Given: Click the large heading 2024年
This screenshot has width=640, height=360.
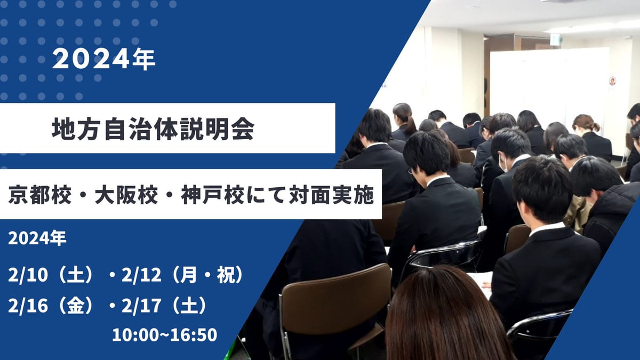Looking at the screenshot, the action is (x=103, y=59).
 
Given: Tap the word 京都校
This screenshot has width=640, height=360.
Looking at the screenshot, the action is (x=39, y=195).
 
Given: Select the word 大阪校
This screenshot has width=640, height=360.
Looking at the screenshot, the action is (x=126, y=195).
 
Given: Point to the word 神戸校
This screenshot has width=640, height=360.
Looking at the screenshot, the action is (x=213, y=195).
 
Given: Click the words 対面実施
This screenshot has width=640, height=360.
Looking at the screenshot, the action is (x=331, y=195).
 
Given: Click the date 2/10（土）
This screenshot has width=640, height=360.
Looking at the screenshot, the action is (x=51, y=275).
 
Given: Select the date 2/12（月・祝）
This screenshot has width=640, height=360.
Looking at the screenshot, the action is (x=183, y=275).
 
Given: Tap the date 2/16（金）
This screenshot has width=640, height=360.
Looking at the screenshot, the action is (x=51, y=306).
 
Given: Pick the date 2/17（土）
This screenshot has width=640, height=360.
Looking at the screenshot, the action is (x=164, y=306).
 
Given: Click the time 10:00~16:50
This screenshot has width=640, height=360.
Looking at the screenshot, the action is (x=165, y=335).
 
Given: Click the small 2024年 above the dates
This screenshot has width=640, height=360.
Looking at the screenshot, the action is (x=37, y=238).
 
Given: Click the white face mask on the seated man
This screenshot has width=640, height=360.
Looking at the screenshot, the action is (x=503, y=163).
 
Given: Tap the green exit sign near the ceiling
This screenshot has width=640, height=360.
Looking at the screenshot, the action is (x=555, y=39).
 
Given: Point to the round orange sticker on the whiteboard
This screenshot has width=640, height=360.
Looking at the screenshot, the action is (x=612, y=81).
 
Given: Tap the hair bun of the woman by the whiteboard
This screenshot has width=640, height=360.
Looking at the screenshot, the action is (x=596, y=126).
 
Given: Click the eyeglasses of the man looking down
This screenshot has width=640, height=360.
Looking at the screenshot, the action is (x=411, y=171).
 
